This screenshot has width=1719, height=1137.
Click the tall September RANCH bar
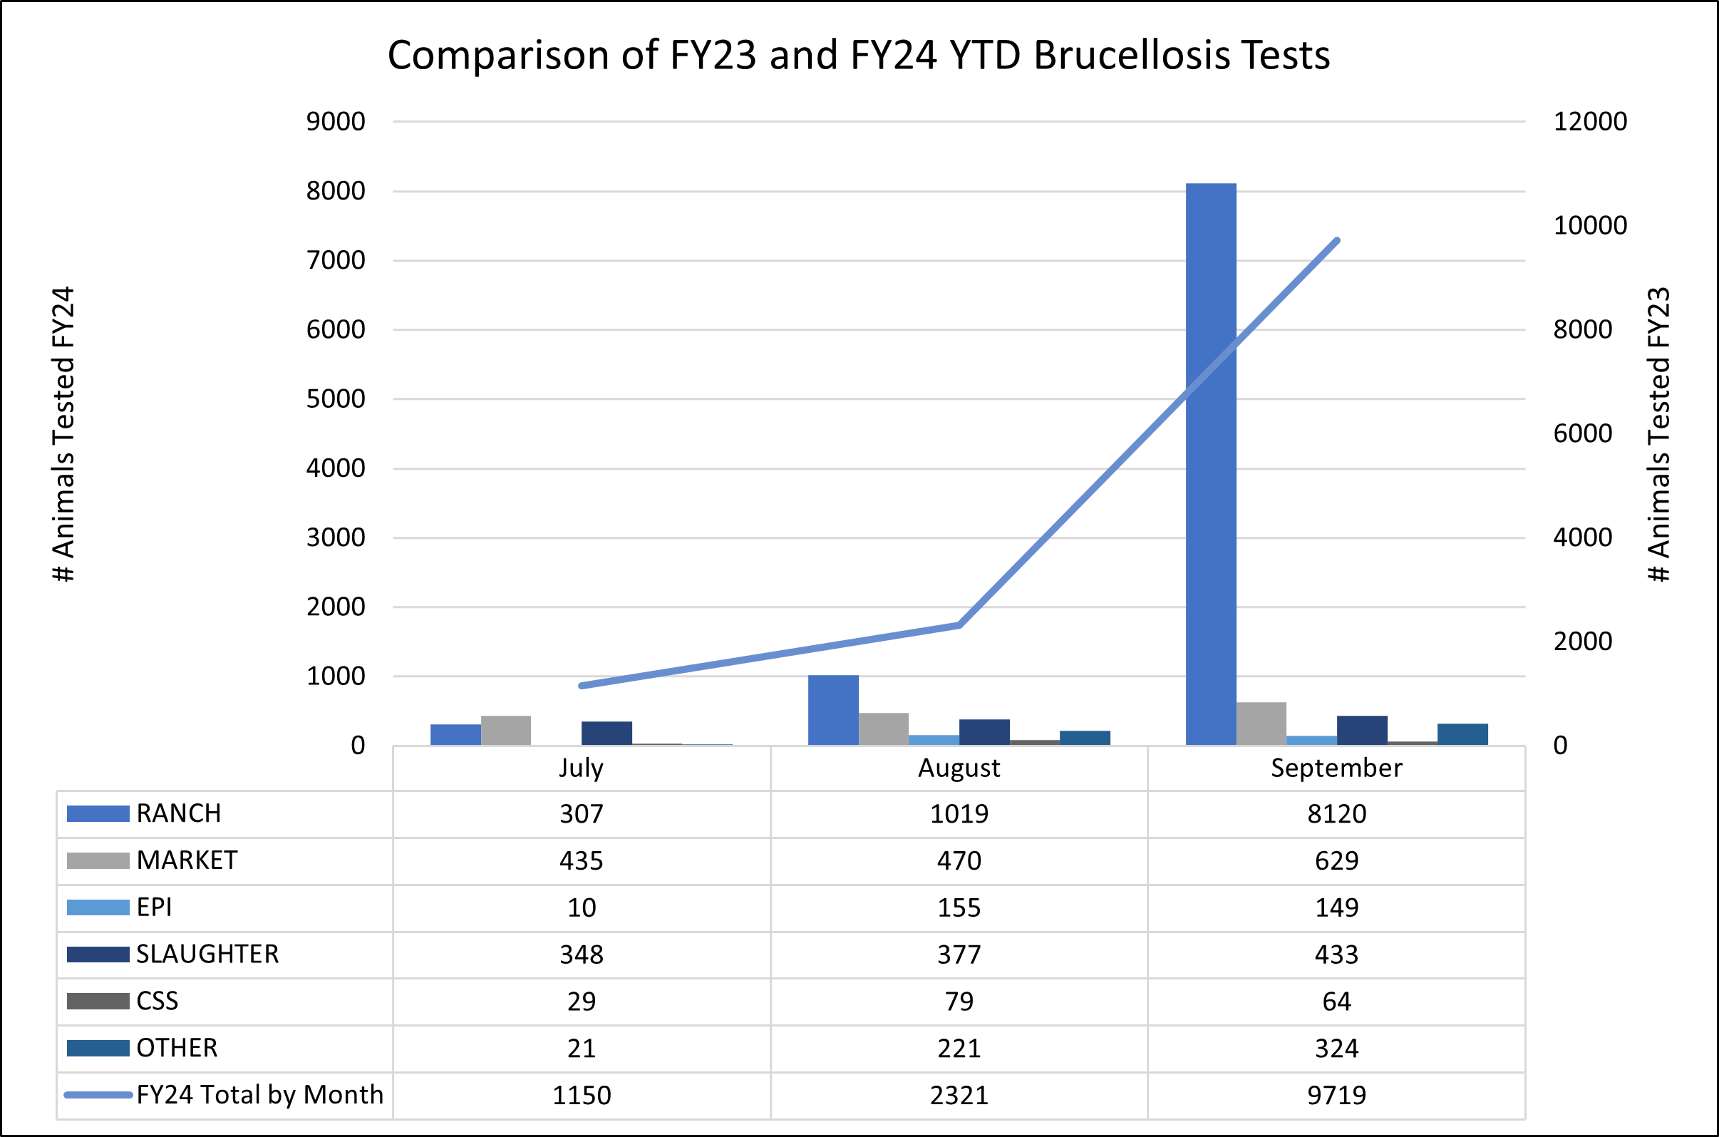tap(1210, 464)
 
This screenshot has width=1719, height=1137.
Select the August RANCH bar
tap(833, 710)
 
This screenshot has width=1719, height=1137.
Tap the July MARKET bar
tap(505, 730)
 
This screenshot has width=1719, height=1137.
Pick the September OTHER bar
tap(1462, 734)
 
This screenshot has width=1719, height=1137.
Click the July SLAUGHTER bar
tap(606, 733)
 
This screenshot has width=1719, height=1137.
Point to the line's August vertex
tap(959, 624)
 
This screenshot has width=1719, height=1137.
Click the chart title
tap(858, 55)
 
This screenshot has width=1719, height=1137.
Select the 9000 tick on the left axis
tap(336, 121)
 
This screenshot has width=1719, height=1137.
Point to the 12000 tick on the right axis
tap(1590, 121)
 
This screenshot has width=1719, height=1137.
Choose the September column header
tap(1336, 768)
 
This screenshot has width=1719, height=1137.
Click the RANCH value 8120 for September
tap(1336, 813)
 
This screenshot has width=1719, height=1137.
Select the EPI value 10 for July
tap(582, 907)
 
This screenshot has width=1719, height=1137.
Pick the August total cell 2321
tap(959, 1095)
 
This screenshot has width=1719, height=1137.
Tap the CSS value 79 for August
tap(959, 1002)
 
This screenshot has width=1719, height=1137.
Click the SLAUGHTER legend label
tap(207, 955)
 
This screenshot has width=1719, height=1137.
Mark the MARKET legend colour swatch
tap(98, 860)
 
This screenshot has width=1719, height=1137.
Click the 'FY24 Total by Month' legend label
tap(259, 1095)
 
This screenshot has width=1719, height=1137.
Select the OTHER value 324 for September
tap(1336, 1049)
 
